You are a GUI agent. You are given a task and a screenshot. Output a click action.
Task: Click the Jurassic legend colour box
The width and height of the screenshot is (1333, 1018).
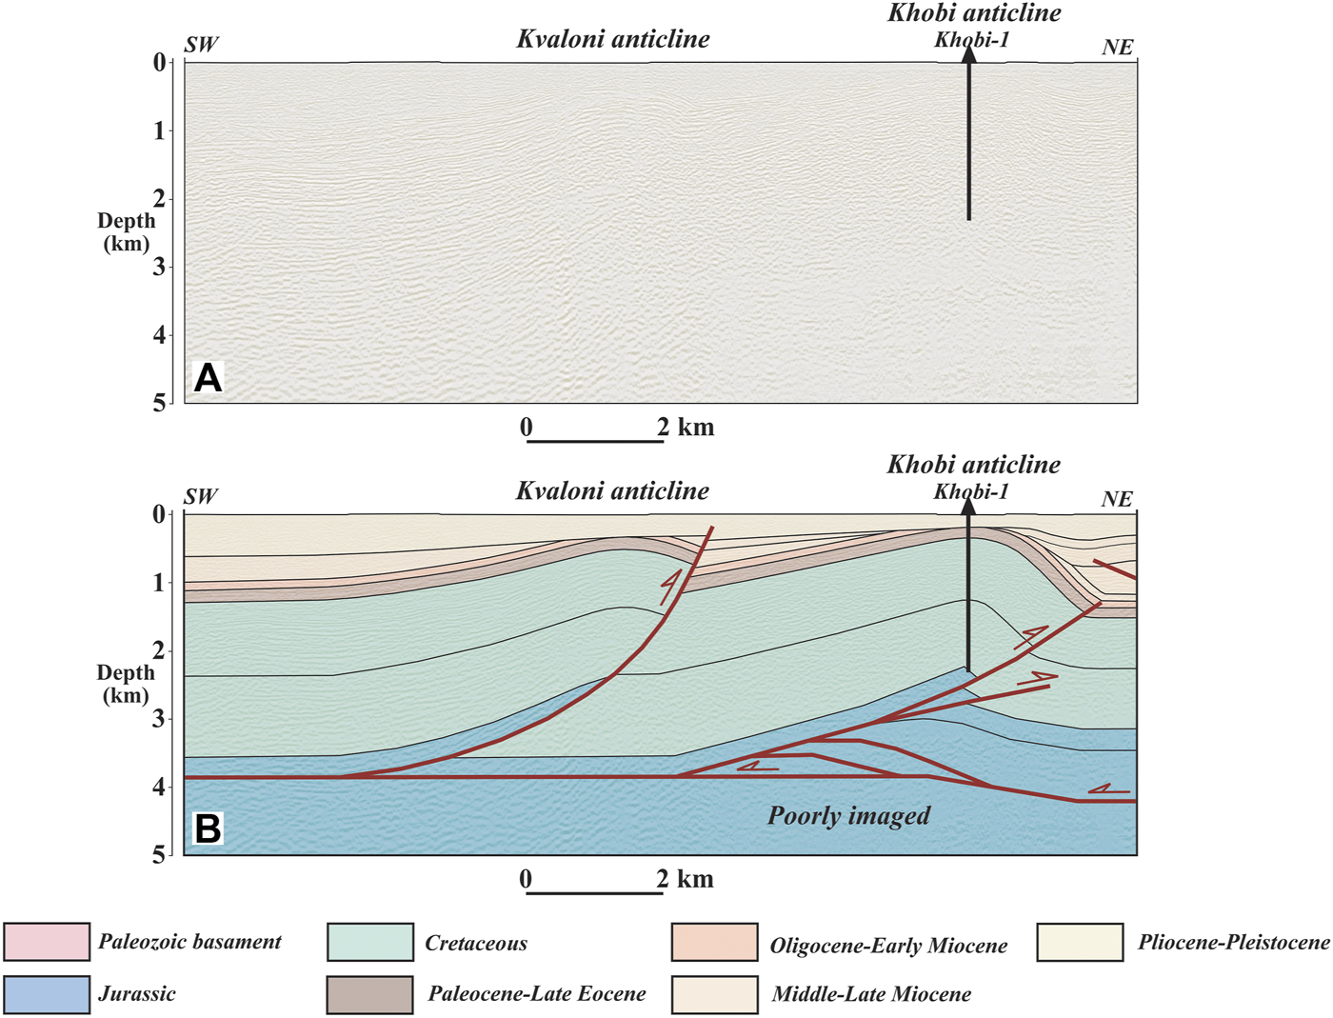click(47, 994)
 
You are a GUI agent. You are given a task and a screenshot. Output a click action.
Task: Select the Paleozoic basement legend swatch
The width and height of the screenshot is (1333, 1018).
click(47, 942)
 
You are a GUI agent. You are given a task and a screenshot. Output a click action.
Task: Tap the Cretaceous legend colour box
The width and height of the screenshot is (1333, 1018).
click(370, 942)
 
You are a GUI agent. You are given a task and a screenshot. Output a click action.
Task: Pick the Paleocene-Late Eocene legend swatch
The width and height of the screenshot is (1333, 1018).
click(370, 994)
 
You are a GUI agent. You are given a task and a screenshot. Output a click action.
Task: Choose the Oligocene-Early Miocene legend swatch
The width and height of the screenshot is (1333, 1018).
click(714, 942)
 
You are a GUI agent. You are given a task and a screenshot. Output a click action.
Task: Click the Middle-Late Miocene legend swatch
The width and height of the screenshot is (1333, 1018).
click(714, 994)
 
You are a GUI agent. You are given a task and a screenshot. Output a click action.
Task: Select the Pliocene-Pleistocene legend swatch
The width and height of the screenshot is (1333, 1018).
click(1080, 942)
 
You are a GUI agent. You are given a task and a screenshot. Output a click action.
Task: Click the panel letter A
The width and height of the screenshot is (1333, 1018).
click(208, 378)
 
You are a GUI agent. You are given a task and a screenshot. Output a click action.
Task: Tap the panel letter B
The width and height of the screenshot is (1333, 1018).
click(208, 828)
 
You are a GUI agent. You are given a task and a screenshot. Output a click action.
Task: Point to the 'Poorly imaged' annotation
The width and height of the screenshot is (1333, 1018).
click(848, 816)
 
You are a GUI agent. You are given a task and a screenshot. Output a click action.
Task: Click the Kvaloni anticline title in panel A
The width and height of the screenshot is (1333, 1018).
click(613, 39)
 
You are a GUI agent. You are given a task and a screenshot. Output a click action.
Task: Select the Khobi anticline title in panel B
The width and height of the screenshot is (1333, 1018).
click(973, 465)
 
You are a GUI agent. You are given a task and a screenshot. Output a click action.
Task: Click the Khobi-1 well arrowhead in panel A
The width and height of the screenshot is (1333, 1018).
click(968, 54)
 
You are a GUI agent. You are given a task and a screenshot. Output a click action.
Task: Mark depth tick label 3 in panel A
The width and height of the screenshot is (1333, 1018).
click(160, 267)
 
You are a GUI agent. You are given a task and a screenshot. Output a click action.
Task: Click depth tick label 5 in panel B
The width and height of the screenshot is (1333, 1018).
click(159, 854)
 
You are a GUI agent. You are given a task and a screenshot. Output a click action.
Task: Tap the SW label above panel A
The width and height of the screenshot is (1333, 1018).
click(201, 44)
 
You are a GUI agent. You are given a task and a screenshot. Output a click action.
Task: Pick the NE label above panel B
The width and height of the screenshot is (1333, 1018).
click(1117, 499)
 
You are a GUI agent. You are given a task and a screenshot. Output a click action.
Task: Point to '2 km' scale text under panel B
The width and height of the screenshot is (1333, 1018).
click(686, 879)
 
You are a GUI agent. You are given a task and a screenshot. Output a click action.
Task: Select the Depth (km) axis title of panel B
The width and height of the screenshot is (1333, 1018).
click(126, 684)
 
